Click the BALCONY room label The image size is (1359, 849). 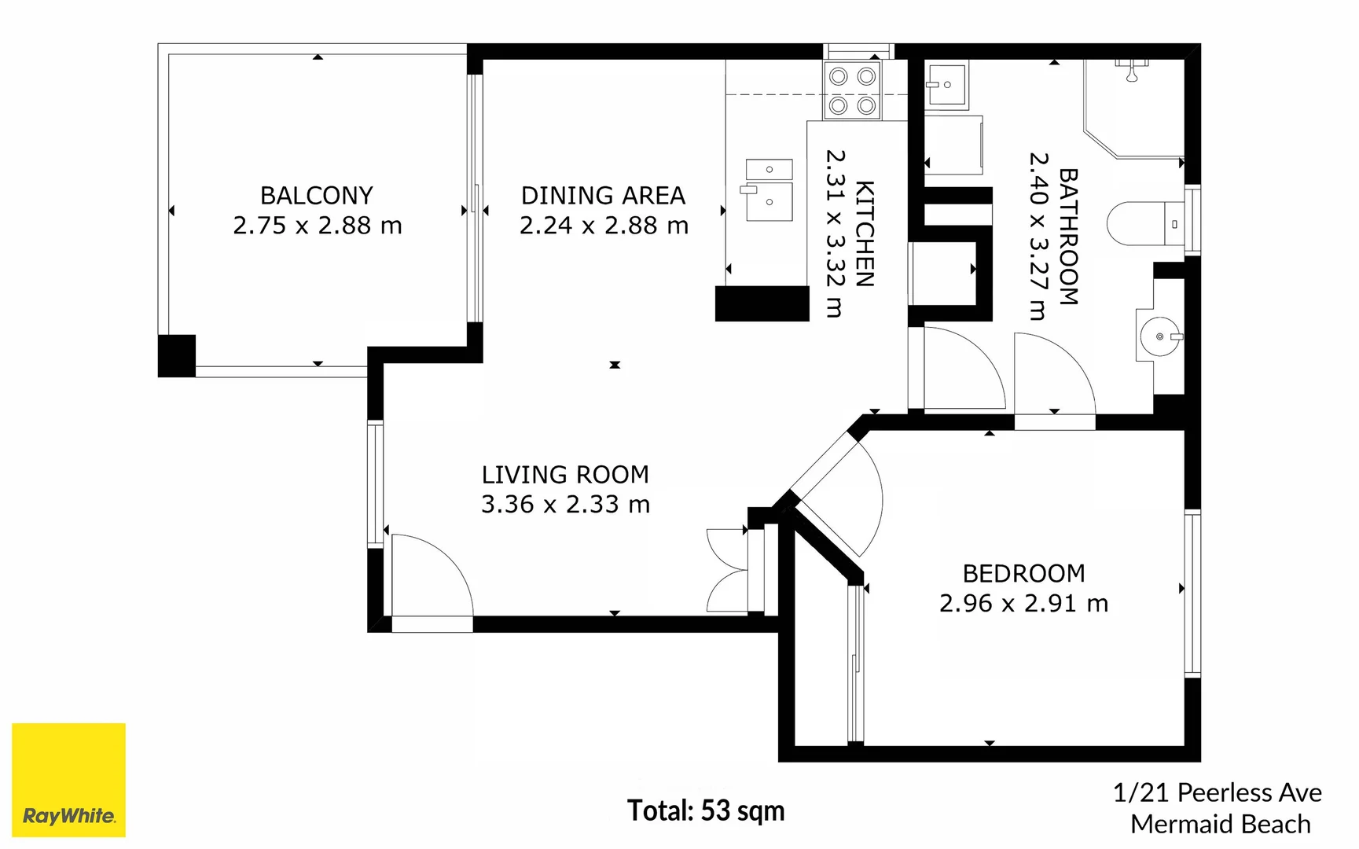(x=317, y=195)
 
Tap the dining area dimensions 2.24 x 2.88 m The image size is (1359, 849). (x=604, y=226)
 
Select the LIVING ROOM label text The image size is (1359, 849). (x=565, y=475)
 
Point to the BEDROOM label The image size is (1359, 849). (x=1023, y=574)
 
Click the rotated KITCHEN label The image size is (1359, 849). (x=865, y=233)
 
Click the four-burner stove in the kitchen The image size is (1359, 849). (x=853, y=90)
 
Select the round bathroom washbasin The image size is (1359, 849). (x=1160, y=336)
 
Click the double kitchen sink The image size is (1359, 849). (x=768, y=190)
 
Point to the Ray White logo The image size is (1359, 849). (x=69, y=780)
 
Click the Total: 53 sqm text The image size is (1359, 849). (x=706, y=810)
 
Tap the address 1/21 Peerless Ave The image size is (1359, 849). (x=1217, y=792)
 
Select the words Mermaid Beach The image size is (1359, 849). (x=1221, y=824)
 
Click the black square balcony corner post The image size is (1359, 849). (x=177, y=356)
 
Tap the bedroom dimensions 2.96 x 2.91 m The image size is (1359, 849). (x=1023, y=604)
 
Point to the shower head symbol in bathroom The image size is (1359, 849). (x=1132, y=70)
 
